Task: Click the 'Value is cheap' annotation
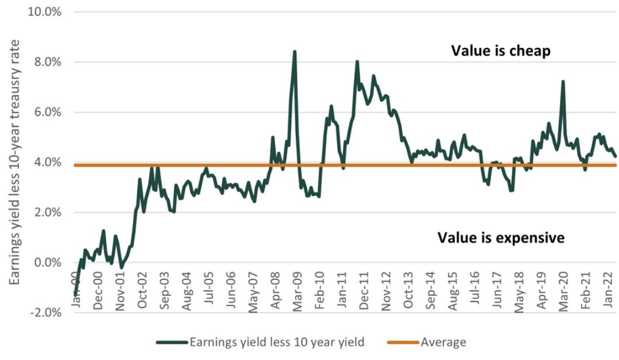coord(500,51)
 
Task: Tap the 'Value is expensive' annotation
coord(501,238)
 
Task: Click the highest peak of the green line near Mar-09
coord(295,51)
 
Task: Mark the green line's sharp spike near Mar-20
coord(563,82)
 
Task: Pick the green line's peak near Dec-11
coord(357,61)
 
